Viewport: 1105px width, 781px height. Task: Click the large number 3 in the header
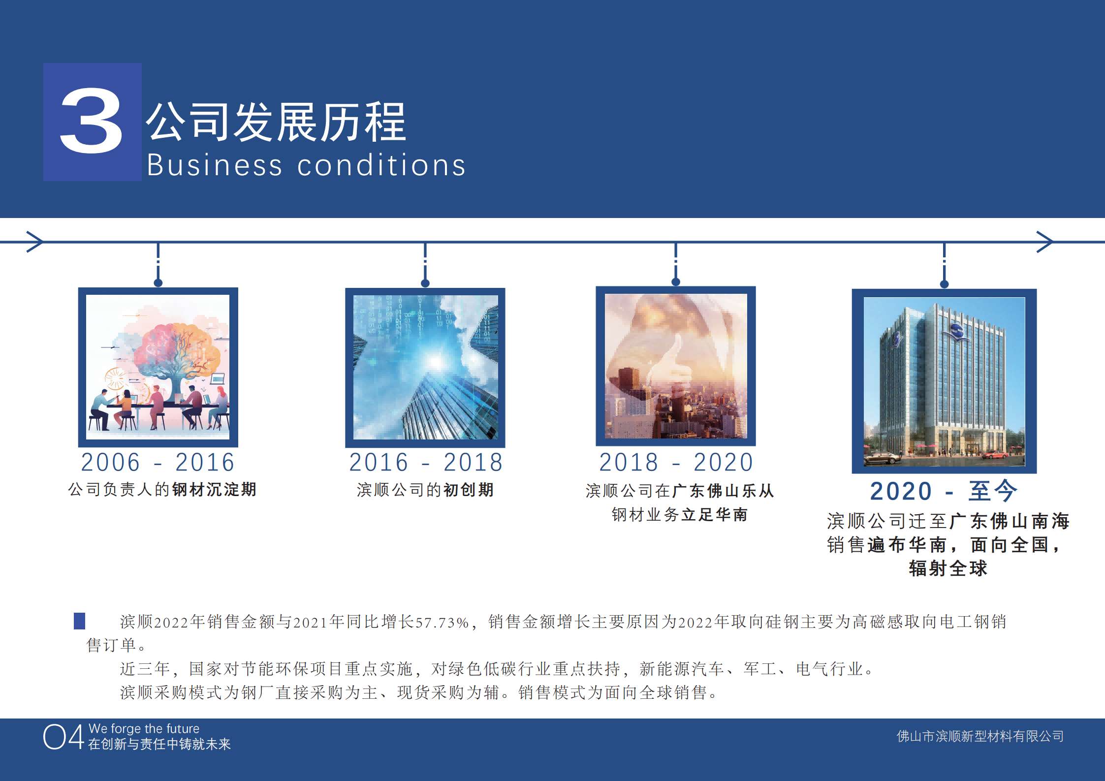click(92, 121)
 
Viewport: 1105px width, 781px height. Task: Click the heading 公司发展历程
click(276, 122)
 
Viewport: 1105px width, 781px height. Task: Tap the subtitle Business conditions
click(306, 165)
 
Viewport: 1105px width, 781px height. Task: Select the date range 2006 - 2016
click(158, 462)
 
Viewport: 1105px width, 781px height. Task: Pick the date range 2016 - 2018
click(426, 462)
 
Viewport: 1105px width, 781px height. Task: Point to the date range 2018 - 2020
click(676, 462)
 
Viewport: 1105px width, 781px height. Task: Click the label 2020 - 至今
click(944, 491)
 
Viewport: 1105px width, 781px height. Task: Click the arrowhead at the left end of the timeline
click(34, 242)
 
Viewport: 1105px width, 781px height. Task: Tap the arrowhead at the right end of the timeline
click(1044, 242)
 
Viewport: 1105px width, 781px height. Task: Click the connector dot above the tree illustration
click(158, 283)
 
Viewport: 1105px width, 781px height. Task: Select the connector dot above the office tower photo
click(944, 284)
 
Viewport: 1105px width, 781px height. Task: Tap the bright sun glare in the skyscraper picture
click(436, 362)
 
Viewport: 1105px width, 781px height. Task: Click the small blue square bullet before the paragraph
click(79, 621)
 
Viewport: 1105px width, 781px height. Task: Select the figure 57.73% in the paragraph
click(442, 622)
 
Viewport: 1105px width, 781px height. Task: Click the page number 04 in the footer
click(63, 737)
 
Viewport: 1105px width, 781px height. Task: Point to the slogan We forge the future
click(144, 728)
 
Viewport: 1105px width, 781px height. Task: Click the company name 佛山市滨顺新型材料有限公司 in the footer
click(980, 736)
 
